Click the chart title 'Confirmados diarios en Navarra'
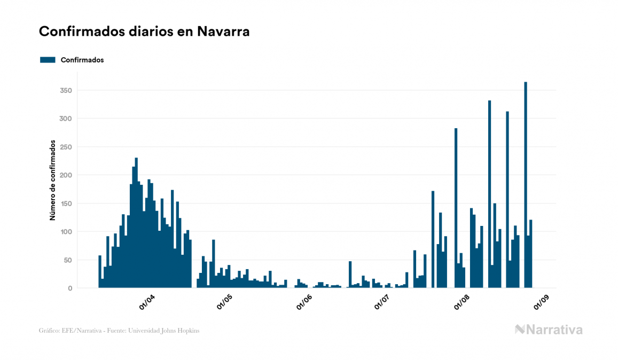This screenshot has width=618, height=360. pyautogui.click(x=144, y=32)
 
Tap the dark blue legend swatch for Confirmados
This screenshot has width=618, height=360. pyautogui.click(x=48, y=60)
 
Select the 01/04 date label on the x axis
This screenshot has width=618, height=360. pyautogui.click(x=147, y=302)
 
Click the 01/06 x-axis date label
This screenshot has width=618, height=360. pyautogui.click(x=304, y=302)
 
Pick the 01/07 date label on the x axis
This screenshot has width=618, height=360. pyautogui.click(x=381, y=302)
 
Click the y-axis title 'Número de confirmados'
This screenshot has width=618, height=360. pyautogui.click(x=53, y=181)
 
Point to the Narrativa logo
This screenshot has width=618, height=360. pyautogui.click(x=549, y=330)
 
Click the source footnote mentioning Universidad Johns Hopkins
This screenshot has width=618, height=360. pyautogui.click(x=119, y=331)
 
